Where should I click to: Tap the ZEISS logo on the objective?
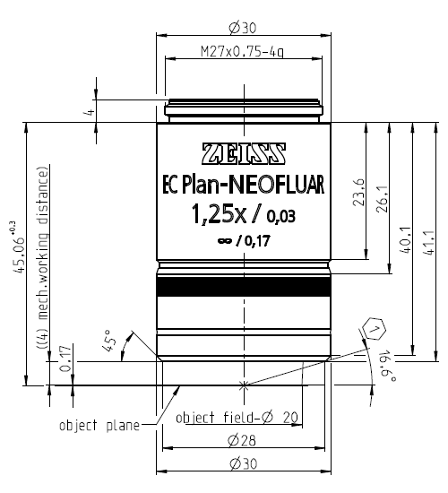point(245,153)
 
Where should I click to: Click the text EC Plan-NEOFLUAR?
point(245,185)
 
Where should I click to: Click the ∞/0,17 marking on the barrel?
point(245,239)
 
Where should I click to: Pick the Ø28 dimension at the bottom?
point(245,440)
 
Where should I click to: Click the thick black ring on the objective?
point(245,290)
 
